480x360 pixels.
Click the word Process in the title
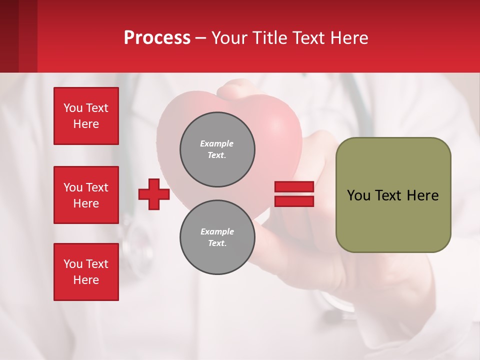click(x=157, y=38)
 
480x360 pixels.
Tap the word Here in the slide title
click(x=348, y=38)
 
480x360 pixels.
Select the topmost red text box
click(x=86, y=116)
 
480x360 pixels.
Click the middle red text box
click(x=86, y=195)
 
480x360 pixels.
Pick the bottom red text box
click(x=86, y=272)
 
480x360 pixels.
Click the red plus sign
click(x=154, y=194)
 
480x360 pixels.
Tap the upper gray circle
click(x=217, y=149)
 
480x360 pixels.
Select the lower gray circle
click(x=217, y=237)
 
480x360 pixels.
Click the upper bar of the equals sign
click(x=294, y=187)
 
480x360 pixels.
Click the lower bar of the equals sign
click(x=294, y=201)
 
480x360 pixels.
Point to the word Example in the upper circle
click(x=217, y=143)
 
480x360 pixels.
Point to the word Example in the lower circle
click(x=217, y=231)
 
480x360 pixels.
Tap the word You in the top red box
click(x=72, y=108)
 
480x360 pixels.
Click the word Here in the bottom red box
click(x=86, y=280)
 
